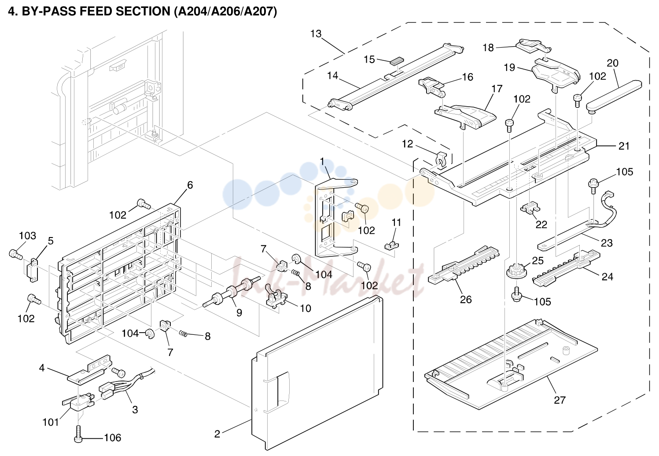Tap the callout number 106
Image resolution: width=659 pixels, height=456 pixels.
(x=113, y=438)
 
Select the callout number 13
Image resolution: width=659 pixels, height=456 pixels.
(x=316, y=34)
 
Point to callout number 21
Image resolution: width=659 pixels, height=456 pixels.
(x=624, y=146)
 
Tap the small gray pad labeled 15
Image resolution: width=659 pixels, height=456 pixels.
(x=397, y=61)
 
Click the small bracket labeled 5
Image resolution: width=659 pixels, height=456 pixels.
(x=33, y=270)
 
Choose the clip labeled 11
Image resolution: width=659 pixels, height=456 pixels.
(x=392, y=245)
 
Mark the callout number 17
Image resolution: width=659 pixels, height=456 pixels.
(x=497, y=89)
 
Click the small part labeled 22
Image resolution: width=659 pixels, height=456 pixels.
(x=530, y=208)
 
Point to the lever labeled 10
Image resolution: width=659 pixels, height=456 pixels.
(x=276, y=298)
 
